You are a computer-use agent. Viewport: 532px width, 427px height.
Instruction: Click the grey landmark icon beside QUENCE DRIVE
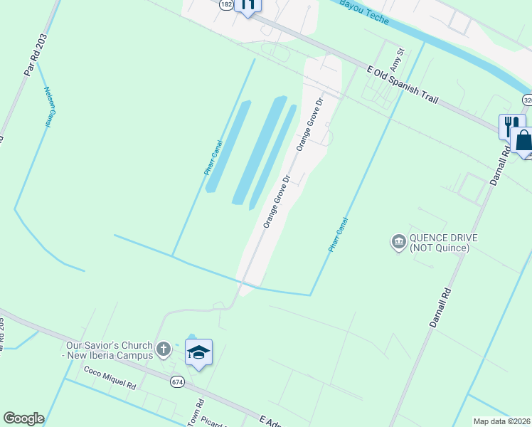(x=398, y=243)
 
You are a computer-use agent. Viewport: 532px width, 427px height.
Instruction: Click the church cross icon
(x=164, y=349)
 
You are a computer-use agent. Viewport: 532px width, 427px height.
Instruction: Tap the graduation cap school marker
(x=199, y=352)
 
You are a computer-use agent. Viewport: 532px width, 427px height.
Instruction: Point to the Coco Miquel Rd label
(x=110, y=377)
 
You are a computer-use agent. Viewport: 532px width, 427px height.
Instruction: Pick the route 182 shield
(x=226, y=4)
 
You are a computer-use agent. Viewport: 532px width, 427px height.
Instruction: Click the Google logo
(x=23, y=418)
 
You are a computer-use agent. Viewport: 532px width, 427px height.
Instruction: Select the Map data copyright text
(x=502, y=421)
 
